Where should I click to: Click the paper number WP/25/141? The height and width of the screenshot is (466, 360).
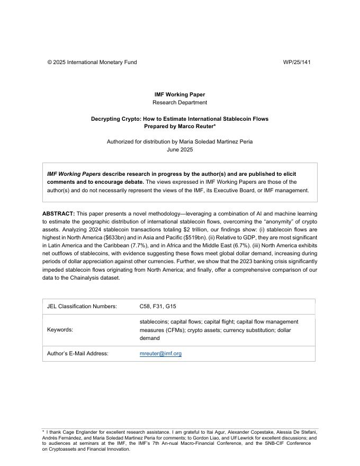coord(296,62)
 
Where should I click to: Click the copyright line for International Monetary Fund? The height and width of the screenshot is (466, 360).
coord(92,62)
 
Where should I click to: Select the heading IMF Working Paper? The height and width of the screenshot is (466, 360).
coord(179,95)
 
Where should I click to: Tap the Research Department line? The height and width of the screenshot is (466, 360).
coord(179,103)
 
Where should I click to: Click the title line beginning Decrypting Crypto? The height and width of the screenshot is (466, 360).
coord(179,119)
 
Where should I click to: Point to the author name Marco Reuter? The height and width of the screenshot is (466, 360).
coord(196,127)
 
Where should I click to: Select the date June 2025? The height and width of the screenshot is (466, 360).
coord(179,150)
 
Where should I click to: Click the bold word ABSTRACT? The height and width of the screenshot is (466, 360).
coord(58,213)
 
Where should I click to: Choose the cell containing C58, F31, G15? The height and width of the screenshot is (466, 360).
coord(158,307)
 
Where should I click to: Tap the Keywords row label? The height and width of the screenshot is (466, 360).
coord(60,330)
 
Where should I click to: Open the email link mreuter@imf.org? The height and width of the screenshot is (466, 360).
coord(160,354)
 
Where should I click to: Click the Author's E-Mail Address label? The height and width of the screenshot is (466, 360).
coord(77,354)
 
